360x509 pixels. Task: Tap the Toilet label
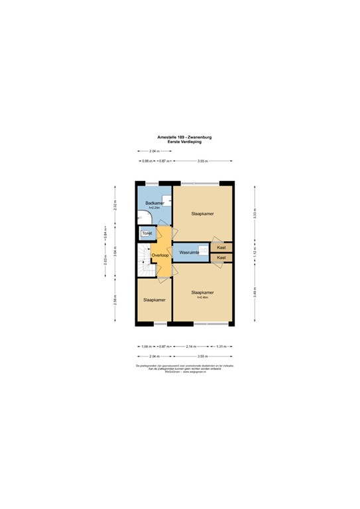point(147,233)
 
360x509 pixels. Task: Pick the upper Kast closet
point(221,248)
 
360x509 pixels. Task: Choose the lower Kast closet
point(221,257)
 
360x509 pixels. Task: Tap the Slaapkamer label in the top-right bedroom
point(202,214)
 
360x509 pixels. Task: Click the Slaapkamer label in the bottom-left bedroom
point(154,300)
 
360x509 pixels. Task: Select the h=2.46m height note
point(202,297)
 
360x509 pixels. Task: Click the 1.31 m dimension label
point(221,347)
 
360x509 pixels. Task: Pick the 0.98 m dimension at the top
point(147,161)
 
